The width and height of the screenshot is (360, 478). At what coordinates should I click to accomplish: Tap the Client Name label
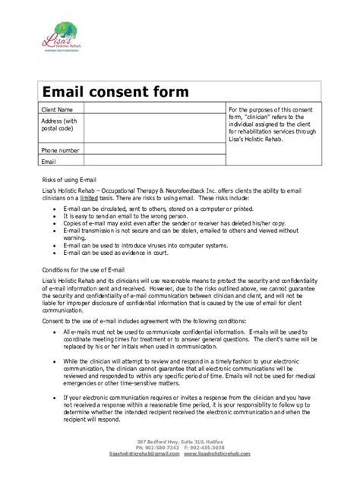point(57,110)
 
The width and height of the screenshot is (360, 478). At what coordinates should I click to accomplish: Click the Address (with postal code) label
point(59,125)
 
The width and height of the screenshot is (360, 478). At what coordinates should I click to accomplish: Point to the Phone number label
point(60,150)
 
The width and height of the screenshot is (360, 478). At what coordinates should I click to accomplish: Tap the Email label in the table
point(49,161)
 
